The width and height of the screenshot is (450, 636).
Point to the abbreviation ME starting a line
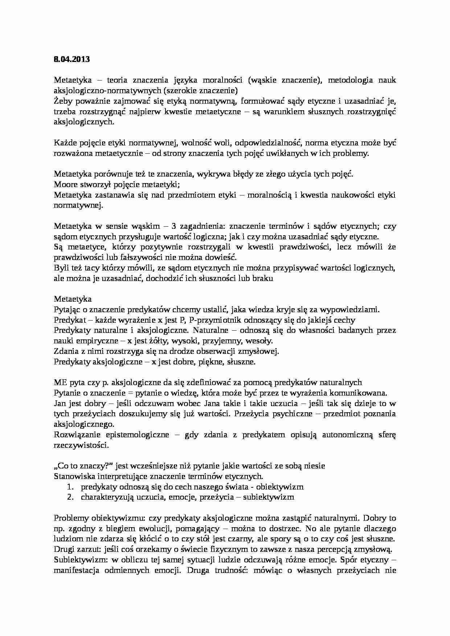tap(60, 382)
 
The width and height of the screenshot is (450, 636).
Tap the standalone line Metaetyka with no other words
tap(73, 299)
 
